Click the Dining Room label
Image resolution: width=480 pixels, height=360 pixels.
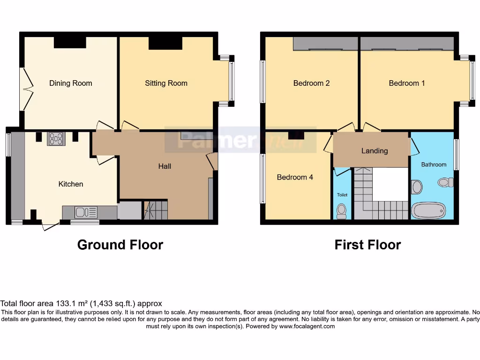coord(71,83)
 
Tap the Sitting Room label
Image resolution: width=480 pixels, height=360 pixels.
coord(166,83)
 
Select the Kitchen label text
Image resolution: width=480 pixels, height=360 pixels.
coord(71,184)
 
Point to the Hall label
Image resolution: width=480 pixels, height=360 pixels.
coord(165,166)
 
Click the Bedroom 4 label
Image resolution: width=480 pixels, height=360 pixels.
coord(295,177)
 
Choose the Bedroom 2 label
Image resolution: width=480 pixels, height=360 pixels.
coord(311,83)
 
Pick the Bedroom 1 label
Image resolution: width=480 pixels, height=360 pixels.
coord(407,83)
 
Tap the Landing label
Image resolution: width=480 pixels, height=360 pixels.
coord(375,150)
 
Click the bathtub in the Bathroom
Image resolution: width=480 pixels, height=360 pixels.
coord(428,210)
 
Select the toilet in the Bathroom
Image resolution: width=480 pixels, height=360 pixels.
coord(445,182)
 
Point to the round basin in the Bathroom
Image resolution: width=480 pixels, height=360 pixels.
coord(416,187)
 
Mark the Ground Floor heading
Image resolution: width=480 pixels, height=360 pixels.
coord(120,245)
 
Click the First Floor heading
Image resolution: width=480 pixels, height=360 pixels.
coord(367,245)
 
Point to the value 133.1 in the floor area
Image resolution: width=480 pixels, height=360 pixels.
coord(65,304)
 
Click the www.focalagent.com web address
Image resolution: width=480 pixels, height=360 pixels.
coord(307,326)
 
